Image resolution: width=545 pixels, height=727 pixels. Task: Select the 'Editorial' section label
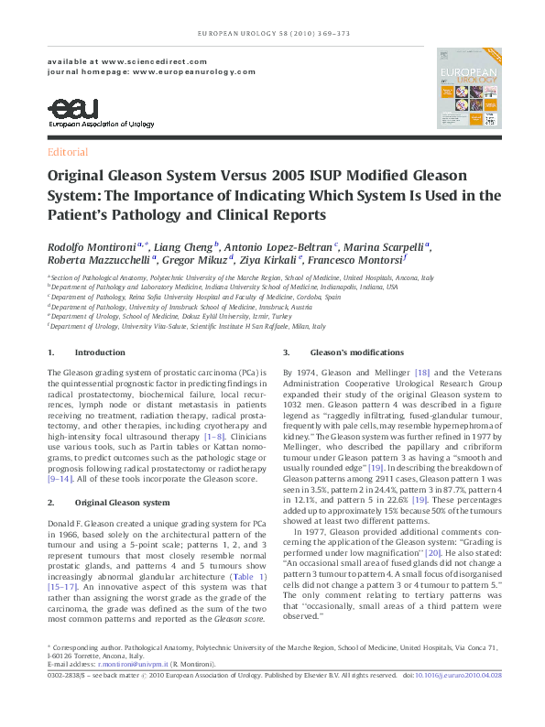tap(67, 152)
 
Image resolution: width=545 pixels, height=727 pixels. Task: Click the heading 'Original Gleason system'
tap(121, 503)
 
